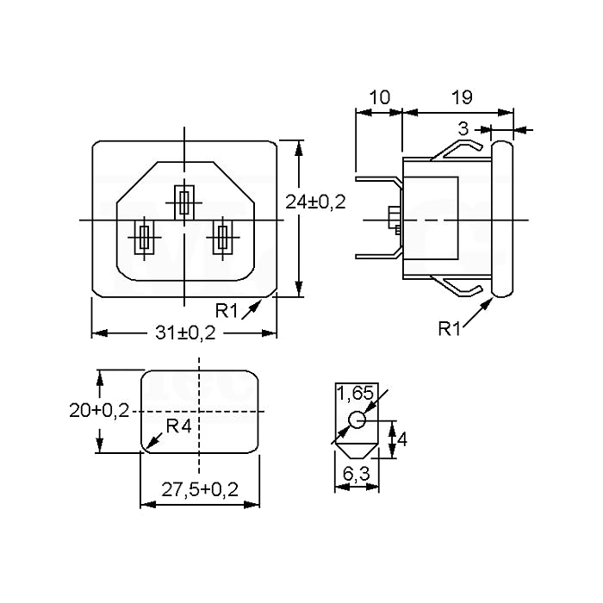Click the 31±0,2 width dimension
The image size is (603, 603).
click(x=185, y=333)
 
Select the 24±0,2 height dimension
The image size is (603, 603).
click(x=315, y=202)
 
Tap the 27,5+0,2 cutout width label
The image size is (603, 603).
click(x=200, y=490)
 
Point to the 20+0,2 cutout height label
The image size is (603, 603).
click(x=99, y=411)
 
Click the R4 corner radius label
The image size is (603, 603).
click(x=179, y=426)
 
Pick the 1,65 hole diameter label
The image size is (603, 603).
click(x=355, y=393)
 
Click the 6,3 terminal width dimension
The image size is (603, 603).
click(x=357, y=474)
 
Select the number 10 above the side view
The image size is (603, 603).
click(x=380, y=97)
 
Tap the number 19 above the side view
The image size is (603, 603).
click(x=462, y=97)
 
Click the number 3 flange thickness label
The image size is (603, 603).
click(x=463, y=129)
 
